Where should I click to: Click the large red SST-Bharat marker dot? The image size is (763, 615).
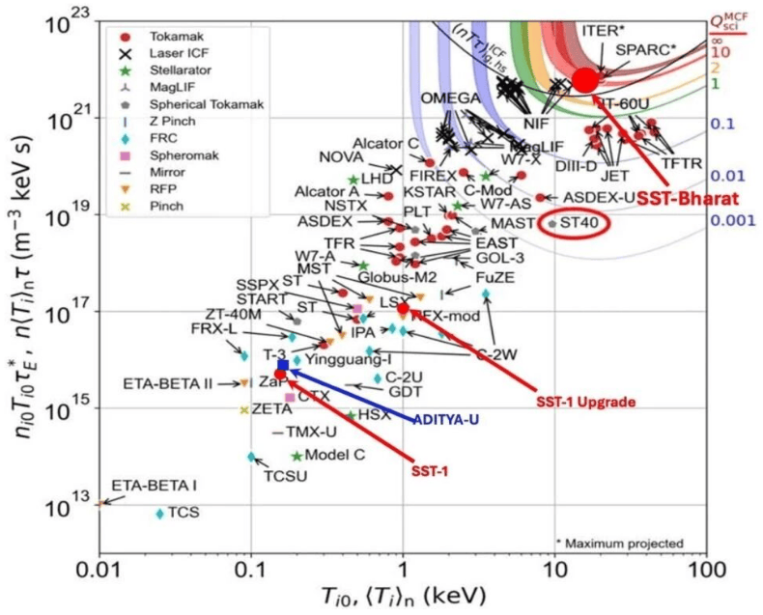tap(584, 80)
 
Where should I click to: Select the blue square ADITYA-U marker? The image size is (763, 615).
tap(283, 365)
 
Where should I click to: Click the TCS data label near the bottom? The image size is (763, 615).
tap(184, 512)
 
